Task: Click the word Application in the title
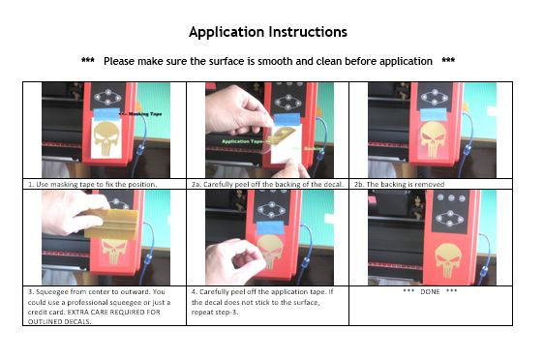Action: coord(227,32)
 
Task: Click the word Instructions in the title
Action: coord(308,32)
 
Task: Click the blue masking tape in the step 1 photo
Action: coord(107,114)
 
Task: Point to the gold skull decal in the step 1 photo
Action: coord(106,138)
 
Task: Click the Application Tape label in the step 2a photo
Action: coord(243,141)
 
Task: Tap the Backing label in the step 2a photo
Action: coord(314,149)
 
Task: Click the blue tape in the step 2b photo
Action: coord(434,114)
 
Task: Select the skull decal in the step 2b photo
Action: coord(433,138)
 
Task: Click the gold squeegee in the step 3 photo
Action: coord(111,224)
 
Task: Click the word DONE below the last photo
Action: coord(430,291)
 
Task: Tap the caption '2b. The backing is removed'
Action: coord(399,184)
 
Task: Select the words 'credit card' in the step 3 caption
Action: coord(44,312)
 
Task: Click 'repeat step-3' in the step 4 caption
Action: coord(215,313)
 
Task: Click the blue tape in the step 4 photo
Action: coord(270,227)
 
